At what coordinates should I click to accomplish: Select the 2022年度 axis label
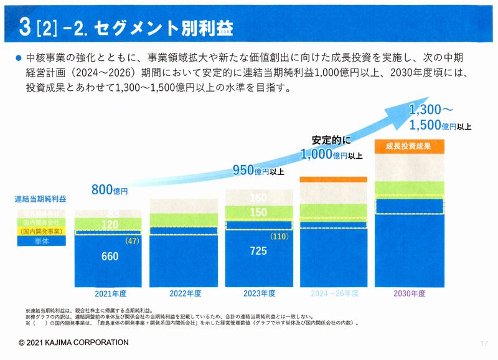tap(185, 293)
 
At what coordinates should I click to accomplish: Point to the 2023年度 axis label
tap(259, 293)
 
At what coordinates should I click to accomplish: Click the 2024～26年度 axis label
tap(334, 293)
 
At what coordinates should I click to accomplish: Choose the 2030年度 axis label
tap(409, 293)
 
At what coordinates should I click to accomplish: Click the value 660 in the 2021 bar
tap(110, 256)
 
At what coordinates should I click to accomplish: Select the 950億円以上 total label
tap(258, 169)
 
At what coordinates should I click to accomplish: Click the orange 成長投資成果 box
tap(408, 147)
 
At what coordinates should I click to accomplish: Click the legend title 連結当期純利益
tap(40, 199)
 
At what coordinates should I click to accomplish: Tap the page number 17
tap(484, 343)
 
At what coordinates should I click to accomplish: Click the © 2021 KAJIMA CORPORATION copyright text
tap(73, 343)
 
